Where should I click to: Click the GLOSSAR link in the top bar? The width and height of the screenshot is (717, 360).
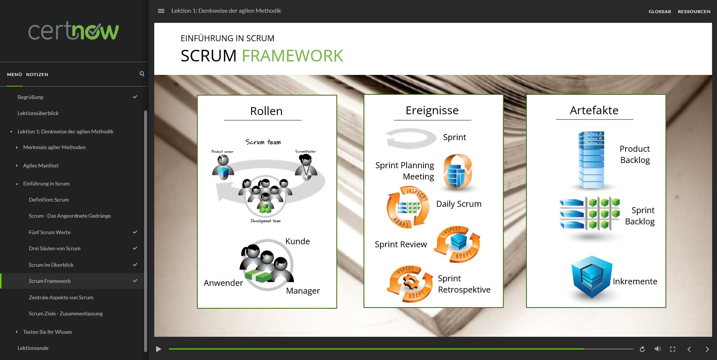click(x=659, y=12)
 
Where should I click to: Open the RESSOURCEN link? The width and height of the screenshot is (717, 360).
click(x=694, y=12)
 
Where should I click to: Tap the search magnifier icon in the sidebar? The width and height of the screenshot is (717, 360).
click(x=142, y=74)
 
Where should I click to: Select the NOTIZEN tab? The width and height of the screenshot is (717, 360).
click(x=37, y=75)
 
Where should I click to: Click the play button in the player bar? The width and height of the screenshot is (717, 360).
click(x=159, y=349)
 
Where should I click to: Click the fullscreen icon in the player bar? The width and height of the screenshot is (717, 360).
click(x=672, y=349)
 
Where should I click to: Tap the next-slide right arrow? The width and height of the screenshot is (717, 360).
click(x=707, y=349)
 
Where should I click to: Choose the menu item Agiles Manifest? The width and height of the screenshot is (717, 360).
click(x=41, y=166)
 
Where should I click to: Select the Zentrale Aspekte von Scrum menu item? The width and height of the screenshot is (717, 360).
click(x=61, y=297)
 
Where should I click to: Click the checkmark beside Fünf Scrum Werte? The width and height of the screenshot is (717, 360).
click(x=135, y=232)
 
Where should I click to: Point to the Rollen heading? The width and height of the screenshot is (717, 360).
click(x=266, y=111)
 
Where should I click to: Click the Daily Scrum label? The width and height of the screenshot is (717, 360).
click(x=459, y=204)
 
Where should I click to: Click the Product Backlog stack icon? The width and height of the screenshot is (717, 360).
click(x=591, y=160)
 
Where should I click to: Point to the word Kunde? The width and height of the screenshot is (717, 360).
click(x=297, y=242)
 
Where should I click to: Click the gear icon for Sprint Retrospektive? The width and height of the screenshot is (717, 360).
click(x=410, y=283)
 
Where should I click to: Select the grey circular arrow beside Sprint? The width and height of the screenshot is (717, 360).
click(x=410, y=138)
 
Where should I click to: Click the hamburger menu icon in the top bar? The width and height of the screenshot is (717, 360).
click(x=161, y=11)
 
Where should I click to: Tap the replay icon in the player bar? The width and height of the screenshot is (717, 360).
click(x=642, y=349)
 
